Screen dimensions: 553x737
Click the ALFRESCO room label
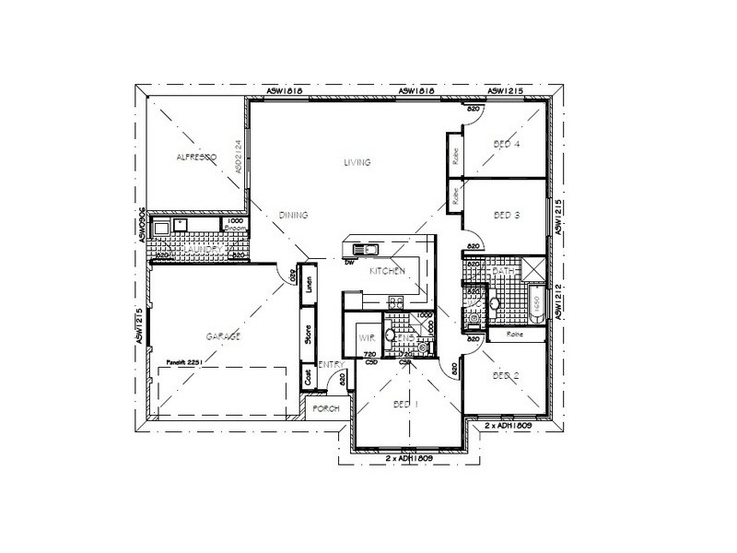coord(195,159)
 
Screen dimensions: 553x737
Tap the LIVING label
coord(357,162)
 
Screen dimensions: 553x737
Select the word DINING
coord(293,216)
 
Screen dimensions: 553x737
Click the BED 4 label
coord(507,145)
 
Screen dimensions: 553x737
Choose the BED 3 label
coord(507,216)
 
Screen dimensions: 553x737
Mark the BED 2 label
coord(507,375)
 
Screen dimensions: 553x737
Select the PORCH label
coord(325,408)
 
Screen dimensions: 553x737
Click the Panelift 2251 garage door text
coord(185,363)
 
